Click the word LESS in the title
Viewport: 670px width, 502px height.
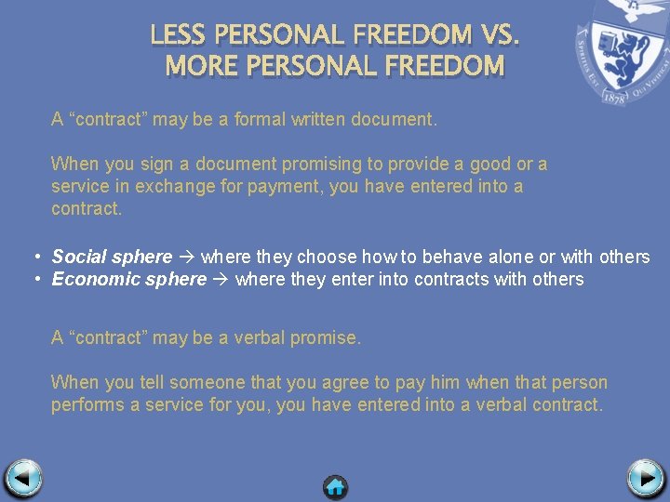(179, 35)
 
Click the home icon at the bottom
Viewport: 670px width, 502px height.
(335, 485)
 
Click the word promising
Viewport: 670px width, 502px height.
(321, 164)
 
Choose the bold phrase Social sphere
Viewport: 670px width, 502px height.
(112, 257)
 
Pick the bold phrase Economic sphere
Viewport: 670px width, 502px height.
(128, 279)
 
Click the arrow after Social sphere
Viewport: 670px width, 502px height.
(186, 257)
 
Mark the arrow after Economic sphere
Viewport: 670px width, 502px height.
(221, 279)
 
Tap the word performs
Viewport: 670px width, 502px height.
(85, 404)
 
